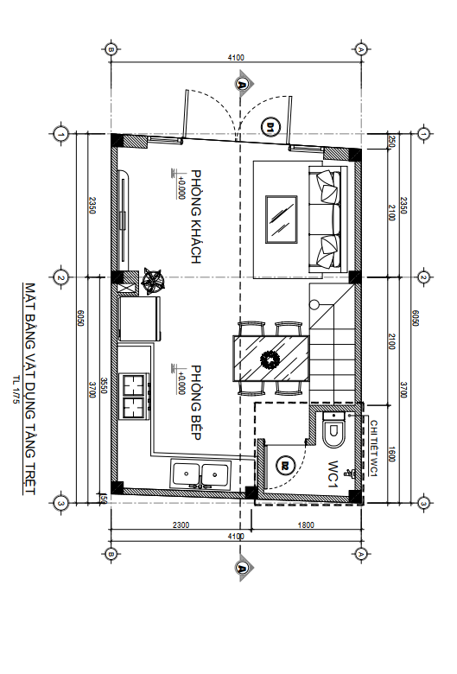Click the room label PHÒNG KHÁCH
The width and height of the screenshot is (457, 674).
point(195,216)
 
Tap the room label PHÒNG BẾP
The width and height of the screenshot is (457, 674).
point(195,403)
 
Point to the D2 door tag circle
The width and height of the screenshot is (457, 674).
point(284,465)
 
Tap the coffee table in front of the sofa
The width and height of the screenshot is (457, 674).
point(282,219)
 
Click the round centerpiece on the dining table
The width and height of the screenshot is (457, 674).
point(270,359)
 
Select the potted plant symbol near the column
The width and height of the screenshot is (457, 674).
point(153,281)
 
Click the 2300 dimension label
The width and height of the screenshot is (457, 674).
point(181,525)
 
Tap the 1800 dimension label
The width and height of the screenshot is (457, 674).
point(306,525)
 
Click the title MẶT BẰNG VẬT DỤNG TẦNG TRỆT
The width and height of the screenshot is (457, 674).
point(29,389)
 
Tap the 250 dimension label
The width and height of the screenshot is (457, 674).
point(391,143)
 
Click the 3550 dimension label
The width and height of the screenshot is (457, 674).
point(103,386)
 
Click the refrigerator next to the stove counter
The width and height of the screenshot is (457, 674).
point(140,318)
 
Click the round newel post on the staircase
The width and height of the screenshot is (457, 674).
point(314,305)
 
